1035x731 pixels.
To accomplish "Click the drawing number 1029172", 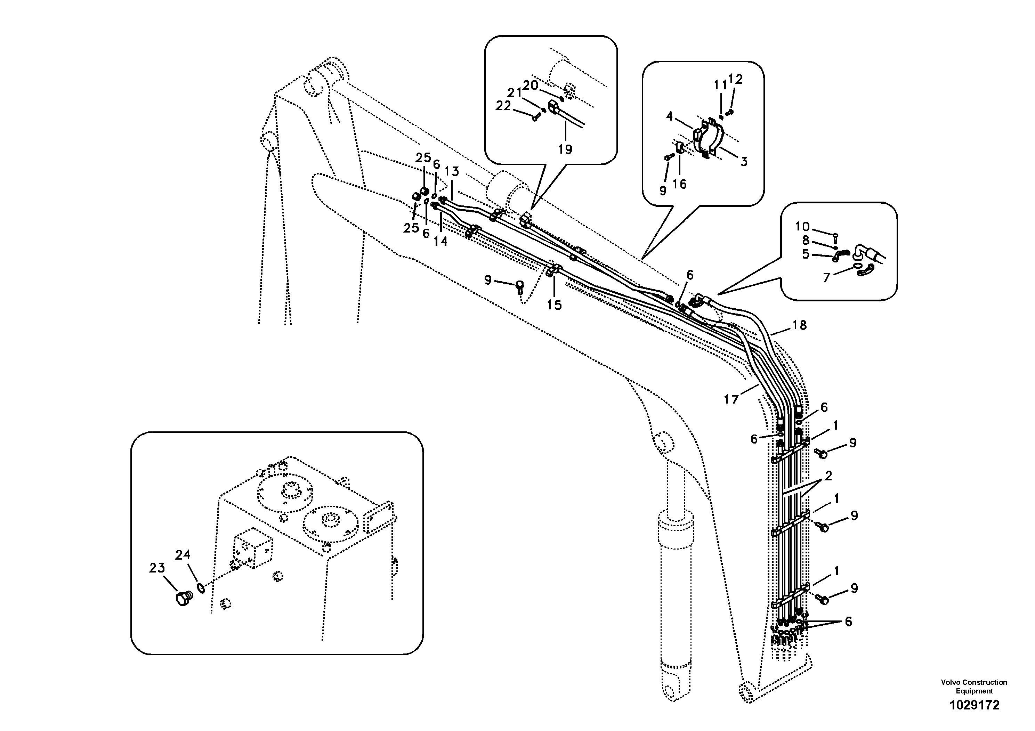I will (974, 705).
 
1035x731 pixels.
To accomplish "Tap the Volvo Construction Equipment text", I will (974, 687).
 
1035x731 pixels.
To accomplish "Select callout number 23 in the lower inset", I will (157, 568).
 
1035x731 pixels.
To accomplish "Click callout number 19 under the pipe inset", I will (565, 149).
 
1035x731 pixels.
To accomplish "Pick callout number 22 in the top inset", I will (503, 106).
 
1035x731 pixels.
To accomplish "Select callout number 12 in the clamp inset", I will (735, 79).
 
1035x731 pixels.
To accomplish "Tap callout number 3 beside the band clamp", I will (744, 161).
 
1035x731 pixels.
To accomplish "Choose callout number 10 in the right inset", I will (802, 226).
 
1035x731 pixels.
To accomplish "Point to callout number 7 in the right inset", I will (826, 277).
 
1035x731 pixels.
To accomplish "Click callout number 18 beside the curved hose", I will (799, 325).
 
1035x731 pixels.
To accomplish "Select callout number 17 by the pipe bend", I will (731, 399).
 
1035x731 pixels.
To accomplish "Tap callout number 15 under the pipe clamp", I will (555, 305).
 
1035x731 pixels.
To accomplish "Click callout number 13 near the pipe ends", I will (452, 171).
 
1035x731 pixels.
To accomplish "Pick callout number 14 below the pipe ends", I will (440, 241).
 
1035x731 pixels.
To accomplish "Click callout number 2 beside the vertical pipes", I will (828, 476).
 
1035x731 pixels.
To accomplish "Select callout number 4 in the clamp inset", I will (669, 117).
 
